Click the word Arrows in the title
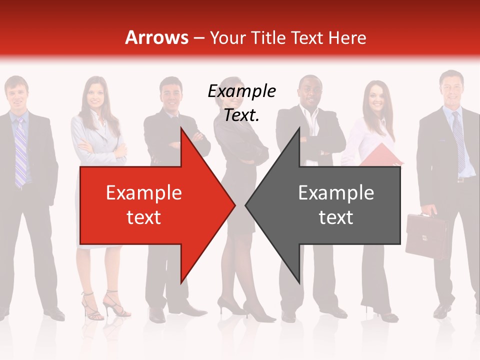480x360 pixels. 156,37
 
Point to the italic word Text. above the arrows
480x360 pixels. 241,115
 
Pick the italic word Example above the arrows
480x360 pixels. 241,91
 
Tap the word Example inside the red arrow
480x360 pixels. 144,193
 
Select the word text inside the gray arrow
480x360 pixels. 336,217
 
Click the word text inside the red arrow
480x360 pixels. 144,217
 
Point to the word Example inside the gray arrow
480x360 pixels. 336,193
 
